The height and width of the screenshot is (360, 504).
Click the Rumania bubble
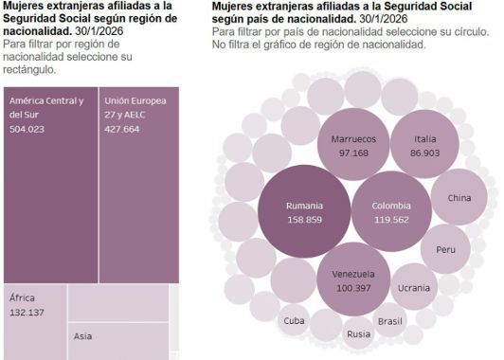click(x=304, y=211)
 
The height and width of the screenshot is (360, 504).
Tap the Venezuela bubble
click(x=353, y=280)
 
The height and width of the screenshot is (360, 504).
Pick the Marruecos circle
click(x=353, y=145)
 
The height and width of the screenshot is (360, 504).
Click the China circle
click(x=459, y=198)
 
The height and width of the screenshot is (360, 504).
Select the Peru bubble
click(x=445, y=249)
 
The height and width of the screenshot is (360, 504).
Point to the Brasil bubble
click(x=389, y=321)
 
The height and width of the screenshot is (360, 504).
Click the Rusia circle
click(x=358, y=333)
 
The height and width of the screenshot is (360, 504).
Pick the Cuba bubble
click(x=295, y=320)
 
